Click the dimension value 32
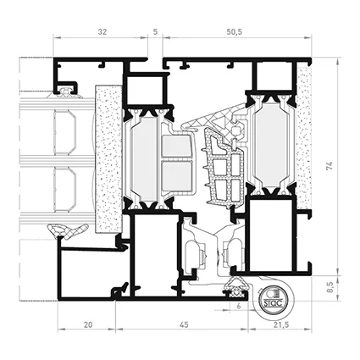(x=102, y=31)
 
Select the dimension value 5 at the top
(x=155, y=31)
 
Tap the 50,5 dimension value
(x=235, y=31)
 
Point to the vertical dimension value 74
(x=330, y=165)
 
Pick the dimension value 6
(x=239, y=306)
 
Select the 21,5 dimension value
(x=281, y=325)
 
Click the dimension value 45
(x=184, y=325)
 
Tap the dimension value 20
(x=88, y=325)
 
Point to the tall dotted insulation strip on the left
(x=109, y=158)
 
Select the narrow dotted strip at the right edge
(x=304, y=138)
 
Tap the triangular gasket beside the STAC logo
(x=235, y=287)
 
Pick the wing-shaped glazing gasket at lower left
(x=67, y=230)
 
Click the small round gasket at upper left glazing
(x=65, y=91)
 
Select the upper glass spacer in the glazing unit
(x=65, y=132)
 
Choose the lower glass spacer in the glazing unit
(x=65, y=190)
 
